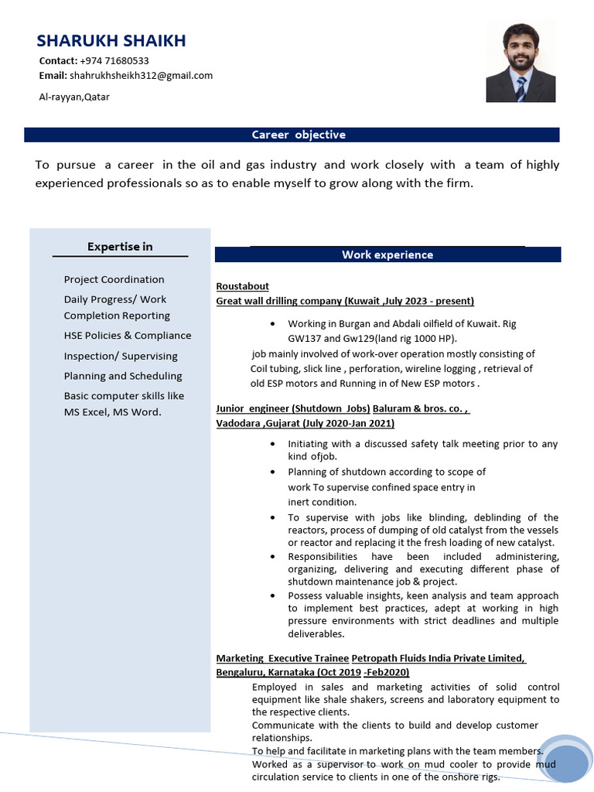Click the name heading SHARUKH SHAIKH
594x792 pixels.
coord(111,41)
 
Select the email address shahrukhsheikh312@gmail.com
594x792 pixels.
coord(141,75)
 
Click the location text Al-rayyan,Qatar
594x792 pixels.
coord(74,97)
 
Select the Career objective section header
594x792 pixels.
coord(299,135)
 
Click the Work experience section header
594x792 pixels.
coord(387,254)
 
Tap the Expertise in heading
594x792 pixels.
coord(120,247)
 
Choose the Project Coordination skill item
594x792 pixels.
coord(114,279)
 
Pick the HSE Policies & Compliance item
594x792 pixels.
coord(127,336)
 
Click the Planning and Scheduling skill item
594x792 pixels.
coord(123,376)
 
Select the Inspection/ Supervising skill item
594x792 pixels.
coord(121,356)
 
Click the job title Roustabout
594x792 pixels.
coord(242,286)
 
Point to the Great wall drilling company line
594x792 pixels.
coord(344,301)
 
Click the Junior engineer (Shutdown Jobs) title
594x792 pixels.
coord(293,408)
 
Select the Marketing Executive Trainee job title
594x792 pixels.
coord(282,658)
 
